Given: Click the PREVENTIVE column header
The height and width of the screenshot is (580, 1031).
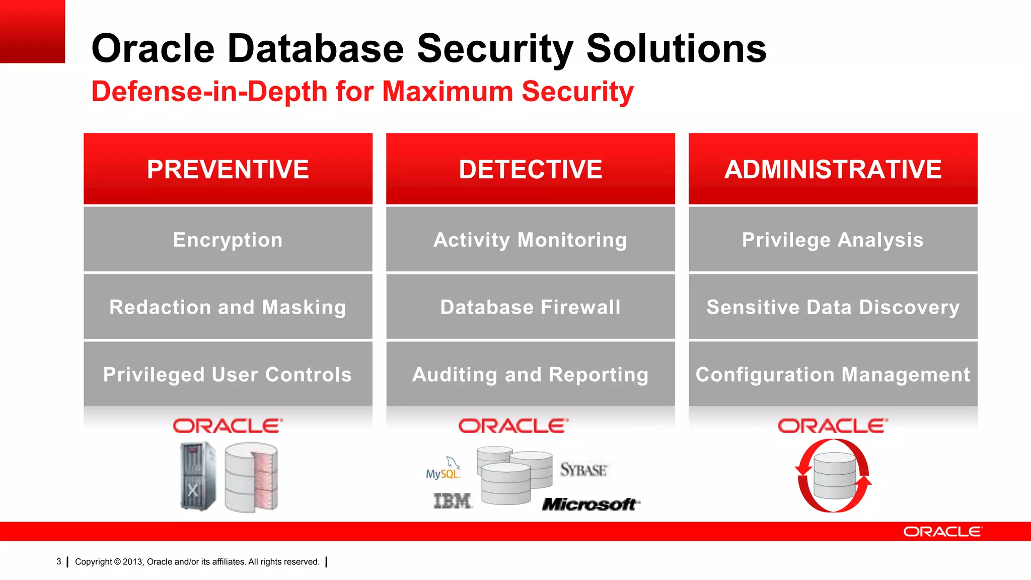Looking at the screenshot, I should [x=228, y=169].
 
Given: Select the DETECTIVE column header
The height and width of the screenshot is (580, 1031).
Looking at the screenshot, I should [x=530, y=169].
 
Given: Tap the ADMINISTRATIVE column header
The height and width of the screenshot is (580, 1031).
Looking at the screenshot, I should [x=833, y=169].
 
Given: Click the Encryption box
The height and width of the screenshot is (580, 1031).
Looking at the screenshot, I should [x=228, y=240].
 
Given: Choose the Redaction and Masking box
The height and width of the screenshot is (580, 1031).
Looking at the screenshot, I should [x=228, y=307].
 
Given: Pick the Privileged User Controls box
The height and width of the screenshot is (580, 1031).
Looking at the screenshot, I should [x=228, y=374].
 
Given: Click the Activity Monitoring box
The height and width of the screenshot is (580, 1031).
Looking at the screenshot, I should [x=530, y=240].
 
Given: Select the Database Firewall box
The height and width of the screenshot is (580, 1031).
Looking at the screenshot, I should [x=530, y=307].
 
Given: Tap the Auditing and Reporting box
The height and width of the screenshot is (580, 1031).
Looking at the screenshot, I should [x=530, y=374].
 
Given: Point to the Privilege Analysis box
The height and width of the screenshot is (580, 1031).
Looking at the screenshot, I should [x=833, y=240].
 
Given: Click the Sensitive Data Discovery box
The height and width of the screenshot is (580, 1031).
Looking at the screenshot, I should [x=833, y=307].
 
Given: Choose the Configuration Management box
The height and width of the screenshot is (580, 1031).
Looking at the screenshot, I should [x=833, y=374].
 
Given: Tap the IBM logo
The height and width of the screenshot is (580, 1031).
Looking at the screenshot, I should [x=452, y=501].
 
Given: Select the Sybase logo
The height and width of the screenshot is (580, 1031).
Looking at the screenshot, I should [x=583, y=470].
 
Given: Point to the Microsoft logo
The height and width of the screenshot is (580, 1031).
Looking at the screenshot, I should [x=591, y=504].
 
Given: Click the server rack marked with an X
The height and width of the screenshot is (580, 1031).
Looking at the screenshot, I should [x=197, y=476].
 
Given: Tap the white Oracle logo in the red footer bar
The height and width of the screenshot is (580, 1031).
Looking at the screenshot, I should [x=942, y=532].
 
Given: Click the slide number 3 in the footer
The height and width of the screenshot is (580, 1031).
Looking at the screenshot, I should [x=59, y=561].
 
